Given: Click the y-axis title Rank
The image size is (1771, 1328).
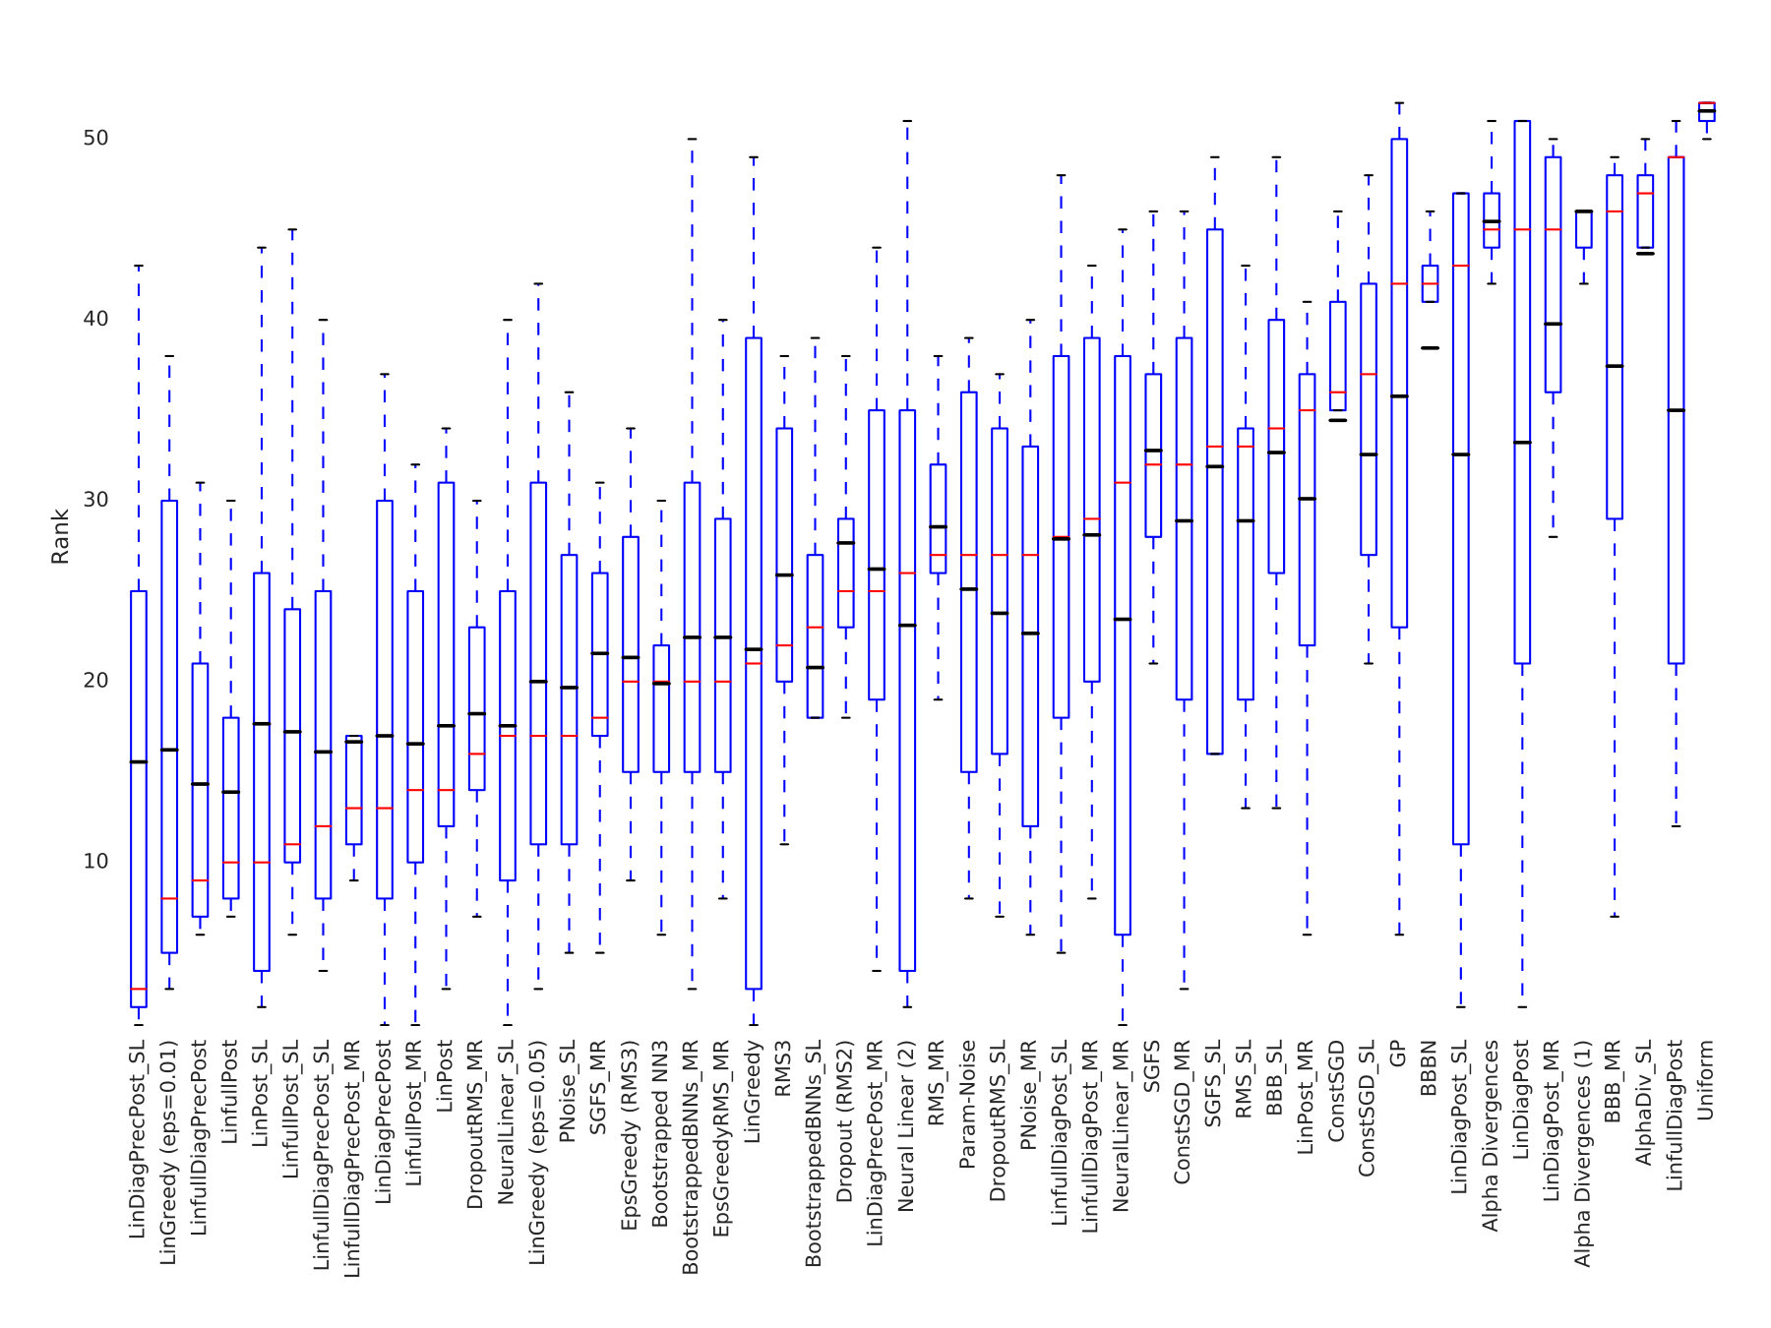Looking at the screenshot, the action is pos(61,536).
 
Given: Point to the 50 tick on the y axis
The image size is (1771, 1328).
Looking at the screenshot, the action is pos(95,139).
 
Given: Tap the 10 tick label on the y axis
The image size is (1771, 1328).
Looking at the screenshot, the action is pos(95,862).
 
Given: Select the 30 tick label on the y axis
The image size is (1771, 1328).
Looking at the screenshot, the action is pos(95,500).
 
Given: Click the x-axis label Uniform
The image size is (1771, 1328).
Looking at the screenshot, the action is pos(1706,1079).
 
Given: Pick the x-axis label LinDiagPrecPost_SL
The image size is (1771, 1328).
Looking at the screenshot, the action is pos(138,1139).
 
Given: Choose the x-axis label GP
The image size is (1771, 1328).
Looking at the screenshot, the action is pos(1398,1054).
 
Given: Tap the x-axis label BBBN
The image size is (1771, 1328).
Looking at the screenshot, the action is pos(1429,1067).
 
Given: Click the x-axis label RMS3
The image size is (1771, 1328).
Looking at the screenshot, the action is pos(783,1068).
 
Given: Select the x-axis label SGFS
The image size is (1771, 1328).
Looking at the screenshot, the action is pos(1152,1066).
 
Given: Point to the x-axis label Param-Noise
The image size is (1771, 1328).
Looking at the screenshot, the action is pos(968,1104).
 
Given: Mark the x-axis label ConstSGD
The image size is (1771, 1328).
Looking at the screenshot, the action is pos(1336,1091).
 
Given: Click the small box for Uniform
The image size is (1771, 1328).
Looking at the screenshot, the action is pos(1707,111).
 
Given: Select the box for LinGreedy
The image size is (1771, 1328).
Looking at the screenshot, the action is pos(754,663).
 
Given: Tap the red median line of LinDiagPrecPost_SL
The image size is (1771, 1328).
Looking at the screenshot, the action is pos(139,989).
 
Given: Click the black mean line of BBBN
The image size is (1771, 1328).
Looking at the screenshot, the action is pos(1430,347).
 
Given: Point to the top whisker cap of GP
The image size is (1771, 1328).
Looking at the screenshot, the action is pos(1399,102).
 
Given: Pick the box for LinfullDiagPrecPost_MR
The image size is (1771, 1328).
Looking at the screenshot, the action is pos(353,790).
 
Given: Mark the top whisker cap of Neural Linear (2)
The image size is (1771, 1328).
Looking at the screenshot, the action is pos(907,121).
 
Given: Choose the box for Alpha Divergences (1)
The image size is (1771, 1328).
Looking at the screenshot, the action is pos(1583,229).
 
